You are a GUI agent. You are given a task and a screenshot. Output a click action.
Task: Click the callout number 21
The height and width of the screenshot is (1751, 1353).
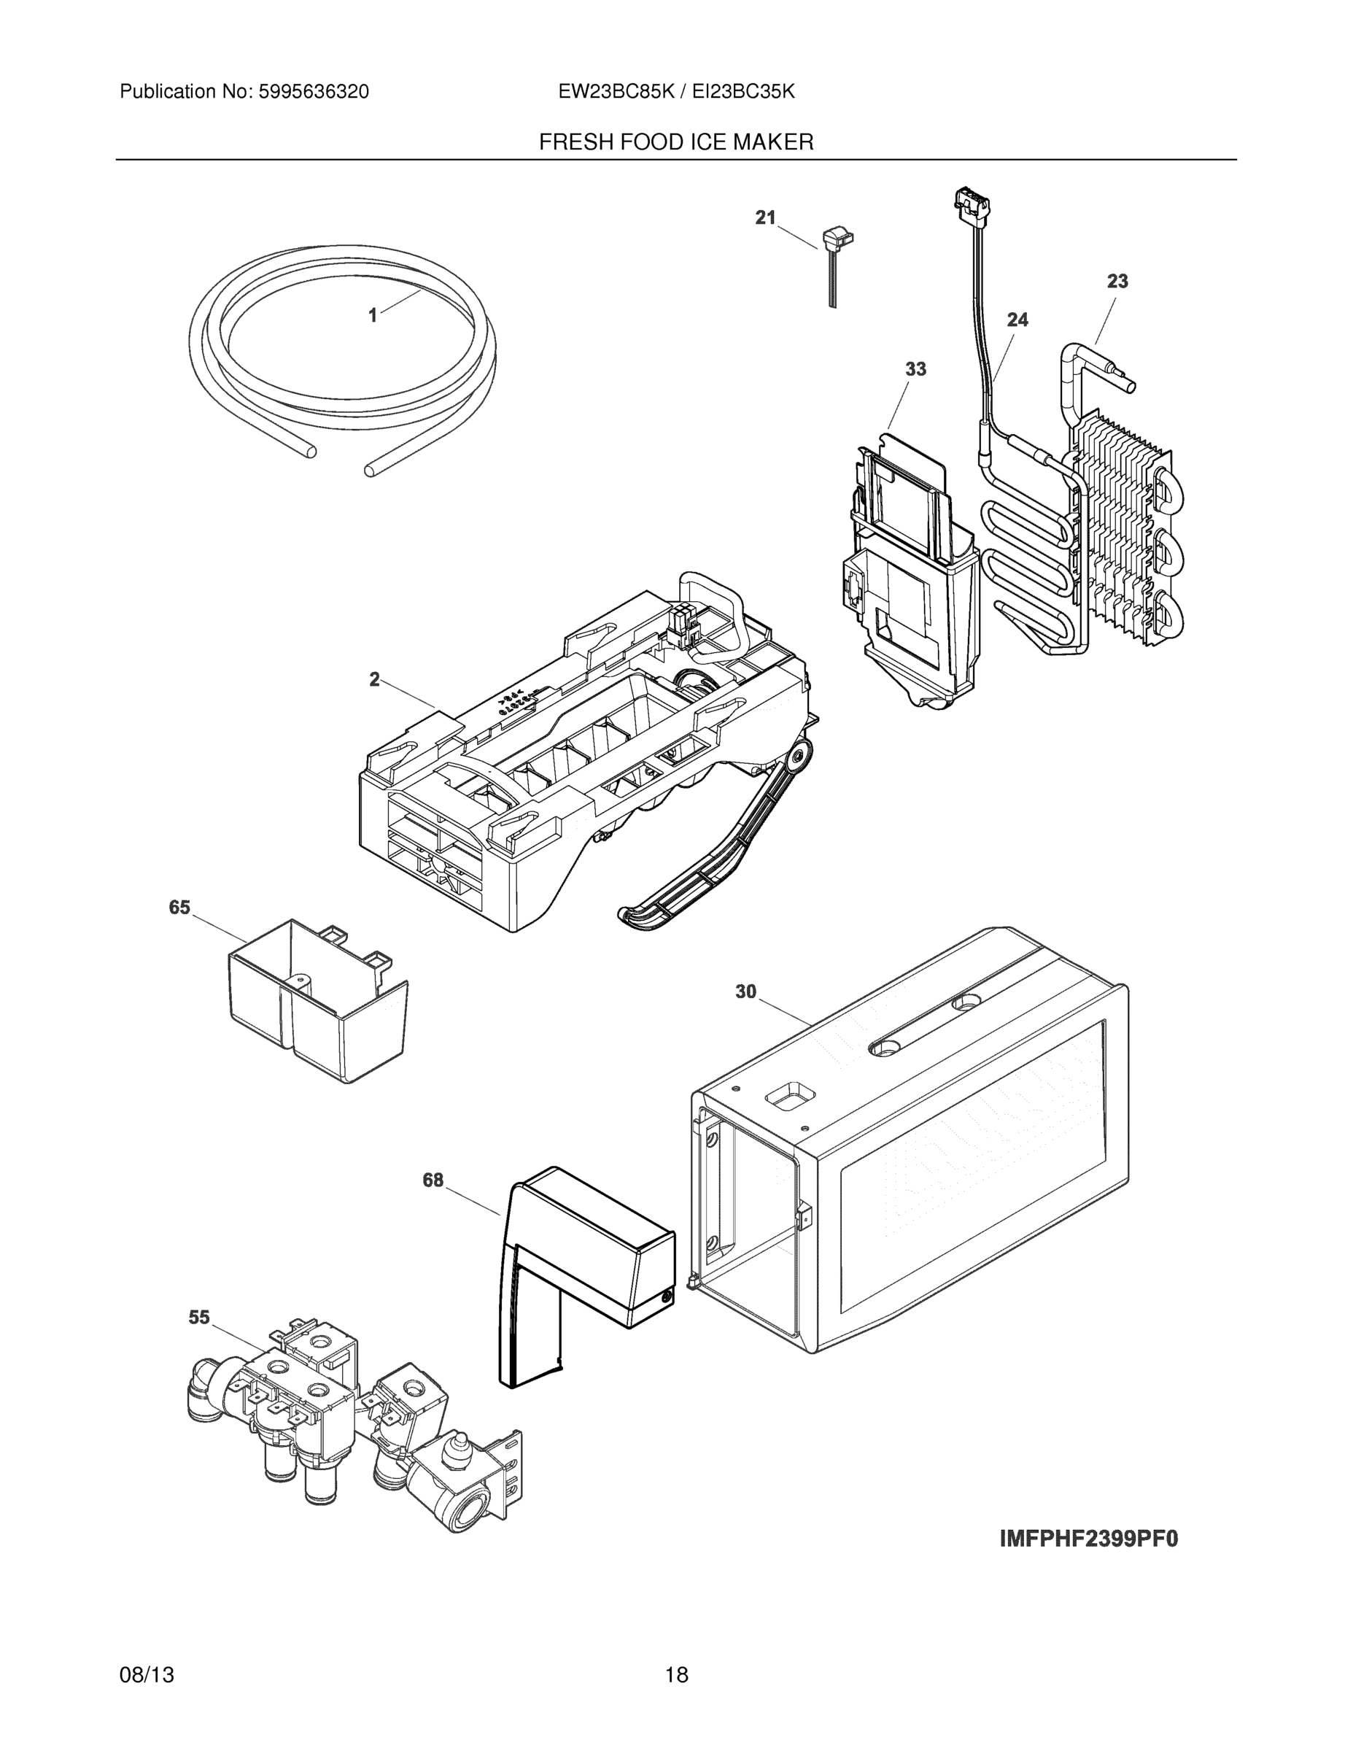pyautogui.click(x=765, y=217)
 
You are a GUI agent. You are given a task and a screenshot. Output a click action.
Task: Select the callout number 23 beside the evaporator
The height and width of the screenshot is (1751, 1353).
pyautogui.click(x=1117, y=282)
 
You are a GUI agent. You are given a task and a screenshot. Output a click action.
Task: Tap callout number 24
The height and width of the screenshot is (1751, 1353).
pyautogui.click(x=1017, y=320)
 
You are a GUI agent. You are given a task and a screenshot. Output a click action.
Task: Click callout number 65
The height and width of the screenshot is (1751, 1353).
pyautogui.click(x=179, y=907)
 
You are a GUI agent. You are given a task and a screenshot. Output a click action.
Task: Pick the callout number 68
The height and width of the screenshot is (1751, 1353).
pyautogui.click(x=433, y=1180)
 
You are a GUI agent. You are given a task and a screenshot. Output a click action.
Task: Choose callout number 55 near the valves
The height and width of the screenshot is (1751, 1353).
pyautogui.click(x=199, y=1317)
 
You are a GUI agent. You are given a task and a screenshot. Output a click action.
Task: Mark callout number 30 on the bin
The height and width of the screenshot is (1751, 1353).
pyautogui.click(x=745, y=992)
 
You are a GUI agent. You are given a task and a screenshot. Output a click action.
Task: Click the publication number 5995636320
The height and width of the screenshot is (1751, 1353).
pyautogui.click(x=313, y=92)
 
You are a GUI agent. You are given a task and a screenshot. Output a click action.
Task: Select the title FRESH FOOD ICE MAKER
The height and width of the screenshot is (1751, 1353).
pyautogui.click(x=675, y=143)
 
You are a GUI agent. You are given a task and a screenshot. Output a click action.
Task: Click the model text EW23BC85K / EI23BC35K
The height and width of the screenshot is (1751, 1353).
pyautogui.click(x=675, y=92)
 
